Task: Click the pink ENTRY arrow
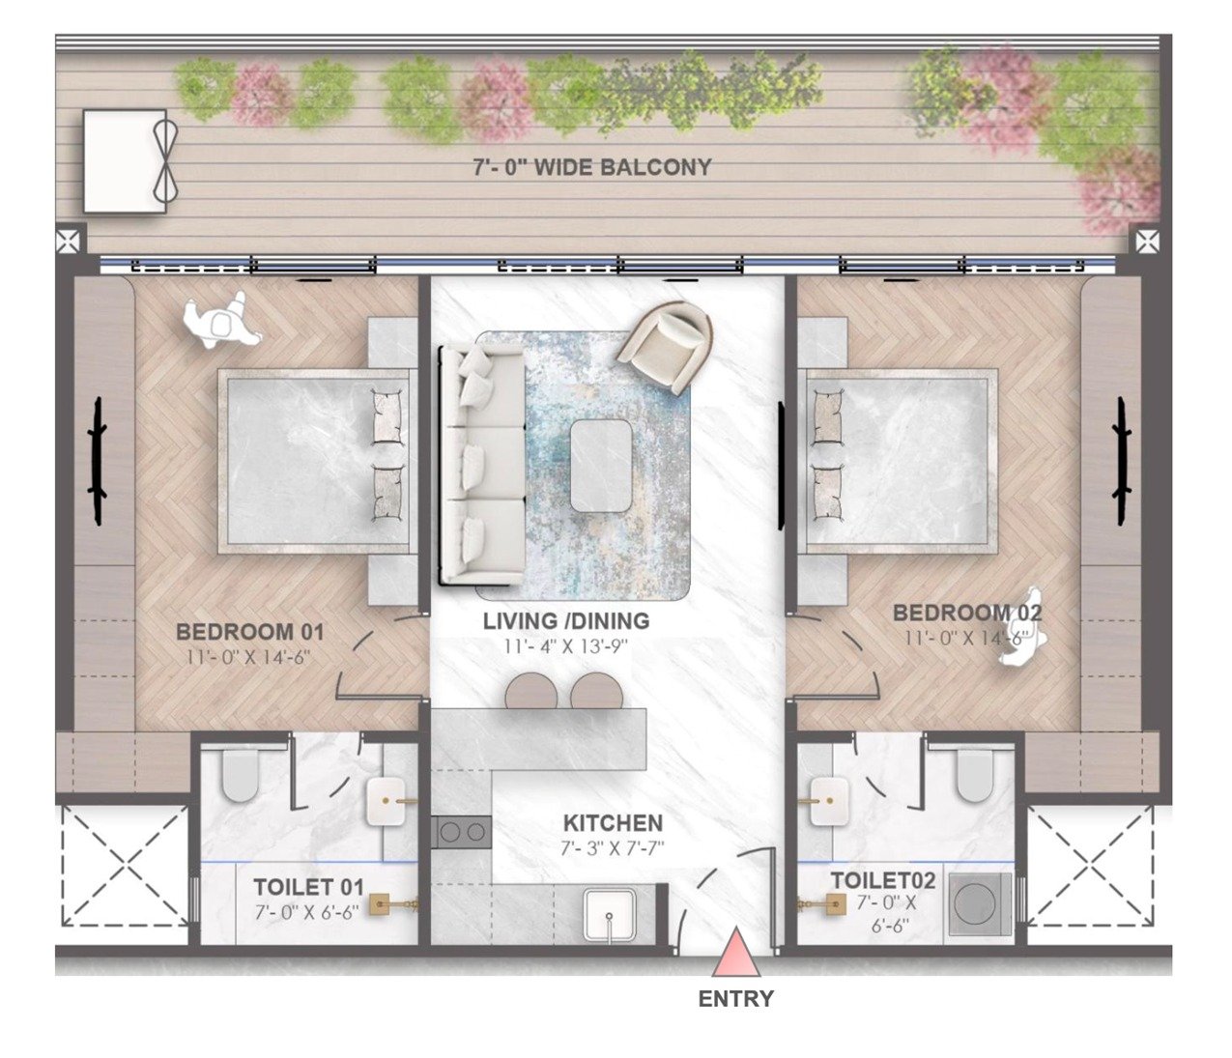click(736, 952)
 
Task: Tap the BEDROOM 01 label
click(249, 632)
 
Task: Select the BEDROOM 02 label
click(967, 613)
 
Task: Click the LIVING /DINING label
click(566, 621)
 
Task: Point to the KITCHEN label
click(613, 823)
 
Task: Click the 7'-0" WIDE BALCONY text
click(592, 167)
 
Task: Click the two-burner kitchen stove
click(461, 832)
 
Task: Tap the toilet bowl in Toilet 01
click(240, 775)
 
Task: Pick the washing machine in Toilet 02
click(980, 904)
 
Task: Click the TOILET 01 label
click(308, 888)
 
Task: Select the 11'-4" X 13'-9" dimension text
click(566, 646)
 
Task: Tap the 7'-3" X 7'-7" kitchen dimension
click(613, 847)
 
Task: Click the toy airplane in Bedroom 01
click(221, 320)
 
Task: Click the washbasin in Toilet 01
click(387, 802)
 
